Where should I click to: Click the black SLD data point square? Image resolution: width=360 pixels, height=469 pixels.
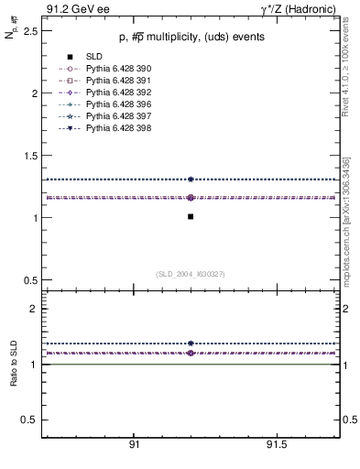[190, 217]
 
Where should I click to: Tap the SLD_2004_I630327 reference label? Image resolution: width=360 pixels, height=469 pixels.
[190, 274]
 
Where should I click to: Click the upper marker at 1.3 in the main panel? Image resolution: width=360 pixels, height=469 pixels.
[190, 180]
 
